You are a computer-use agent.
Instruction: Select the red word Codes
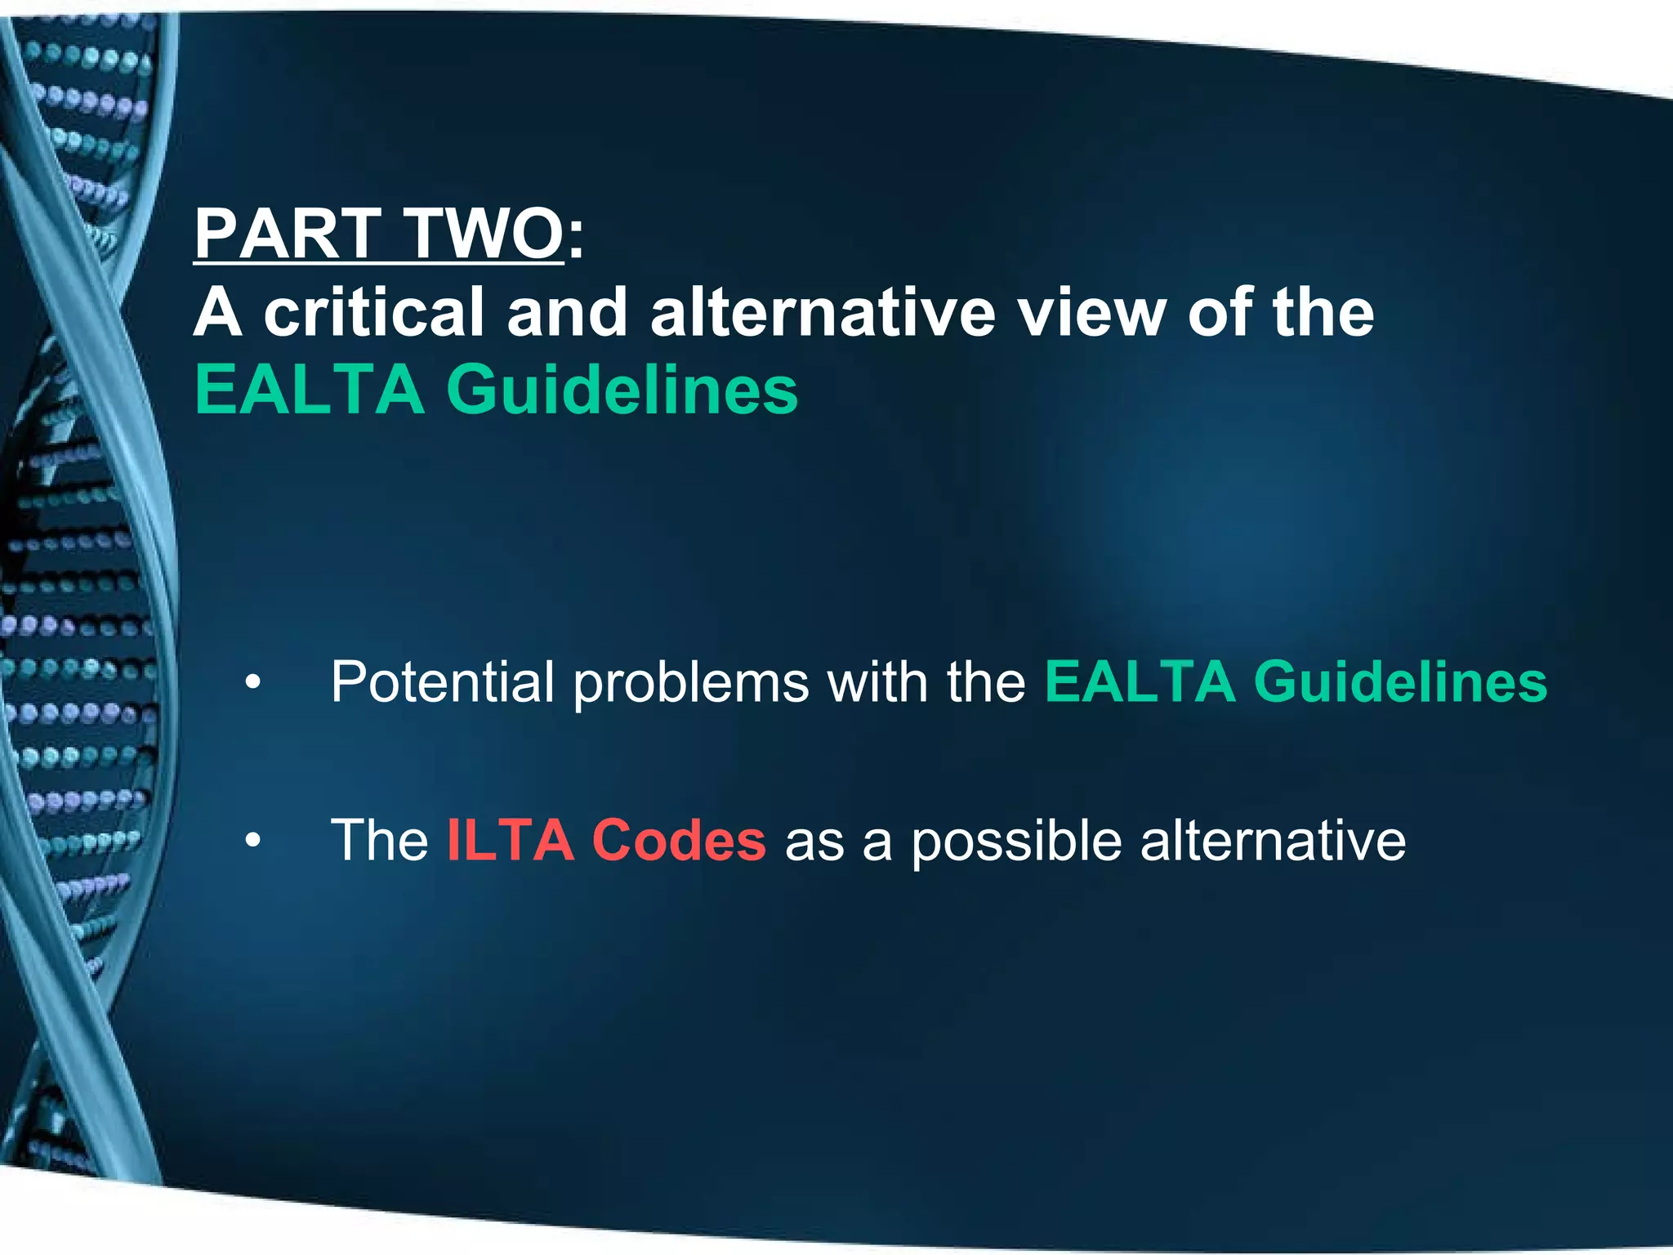tap(679, 840)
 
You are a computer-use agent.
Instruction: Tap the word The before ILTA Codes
tap(379, 840)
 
